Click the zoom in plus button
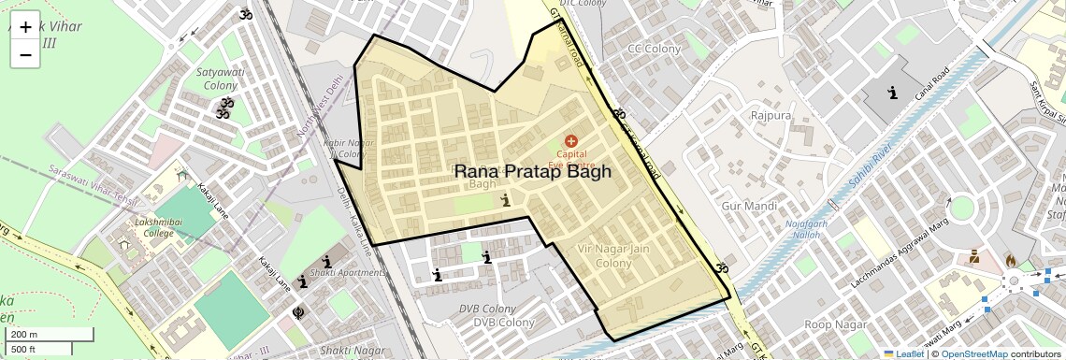tap(25, 27)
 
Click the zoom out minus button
tap(25, 54)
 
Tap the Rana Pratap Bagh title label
tap(532, 171)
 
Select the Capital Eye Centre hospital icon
tap(571, 140)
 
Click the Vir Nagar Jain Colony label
tap(613, 255)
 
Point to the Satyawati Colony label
tap(221, 79)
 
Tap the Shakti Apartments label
tap(350, 272)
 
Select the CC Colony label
tap(654, 49)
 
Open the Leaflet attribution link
tap(903, 353)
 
